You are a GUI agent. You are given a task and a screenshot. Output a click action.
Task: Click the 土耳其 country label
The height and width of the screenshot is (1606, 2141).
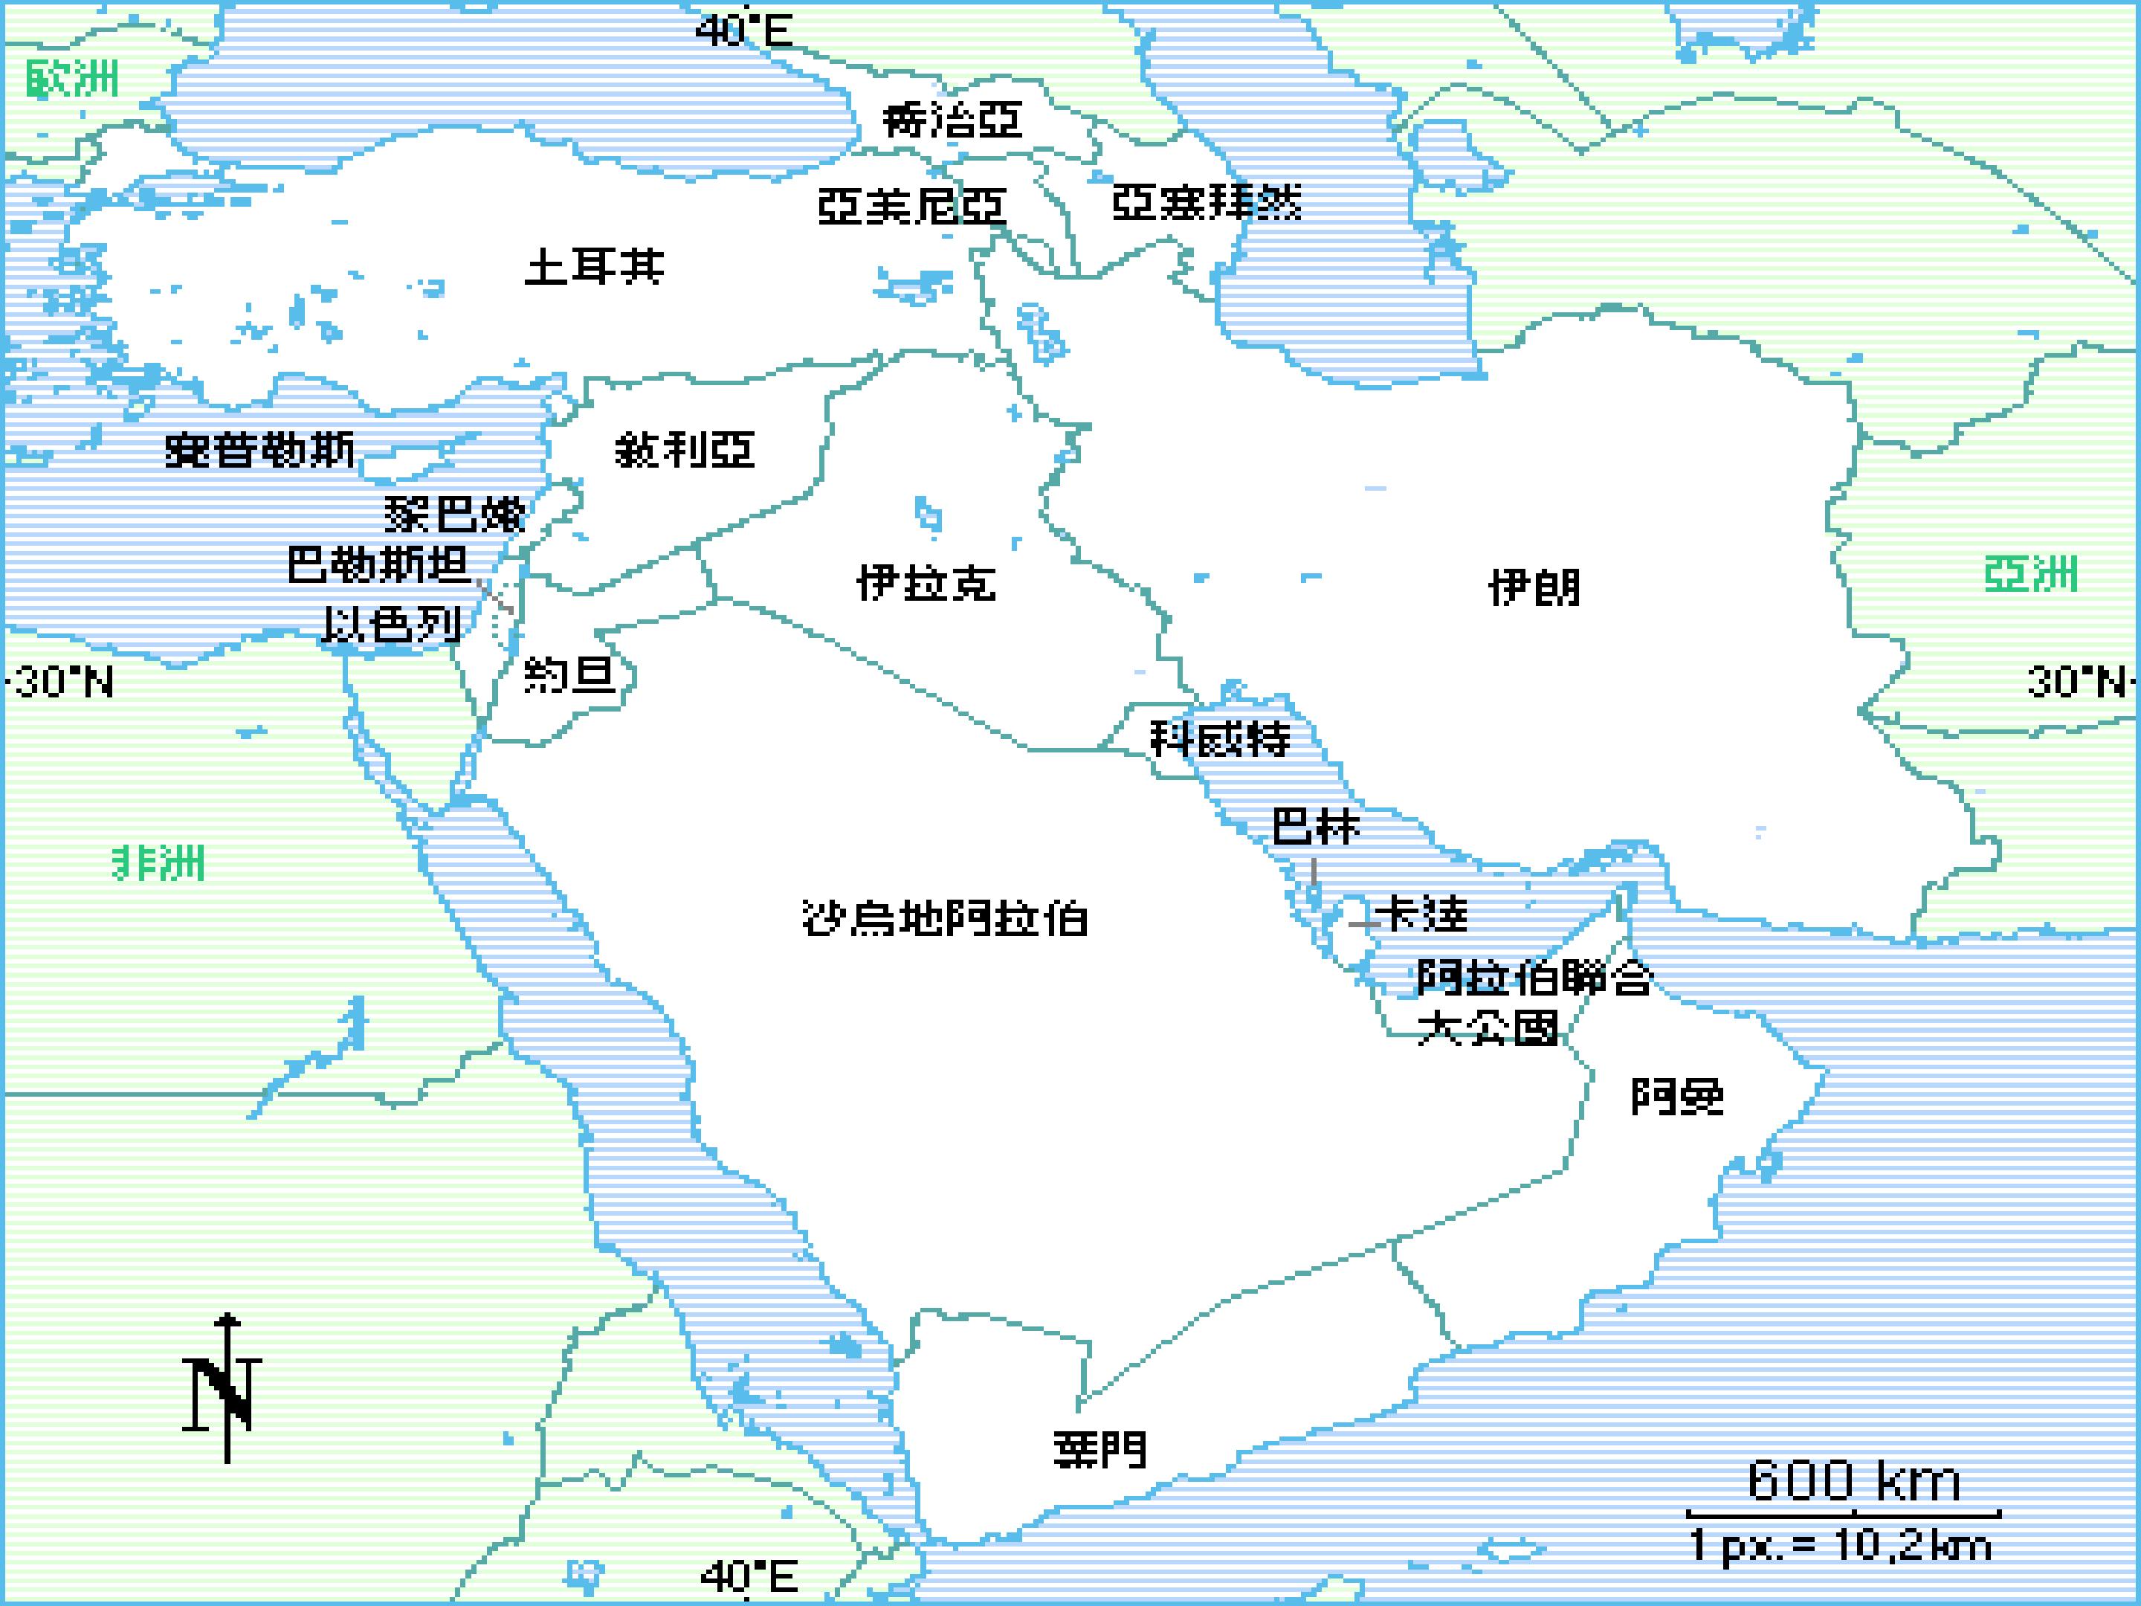pyautogui.click(x=594, y=266)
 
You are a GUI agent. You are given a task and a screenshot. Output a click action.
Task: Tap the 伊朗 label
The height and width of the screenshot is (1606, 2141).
pyautogui.click(x=1534, y=587)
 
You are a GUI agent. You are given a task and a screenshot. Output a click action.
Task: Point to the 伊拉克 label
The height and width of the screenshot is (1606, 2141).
pyautogui.click(x=926, y=583)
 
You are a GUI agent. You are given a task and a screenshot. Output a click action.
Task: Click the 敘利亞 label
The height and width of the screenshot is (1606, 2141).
pyautogui.click(x=685, y=450)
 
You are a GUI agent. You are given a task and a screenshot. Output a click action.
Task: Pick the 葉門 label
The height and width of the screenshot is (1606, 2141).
pyautogui.click(x=1100, y=1449)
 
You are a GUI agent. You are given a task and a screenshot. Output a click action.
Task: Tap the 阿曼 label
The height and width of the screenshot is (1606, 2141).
pyautogui.click(x=1677, y=1096)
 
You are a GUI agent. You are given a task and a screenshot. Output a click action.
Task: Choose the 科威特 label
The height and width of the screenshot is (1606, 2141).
pyautogui.click(x=1220, y=738)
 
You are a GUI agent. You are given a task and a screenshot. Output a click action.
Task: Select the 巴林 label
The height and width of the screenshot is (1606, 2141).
pyautogui.click(x=1315, y=827)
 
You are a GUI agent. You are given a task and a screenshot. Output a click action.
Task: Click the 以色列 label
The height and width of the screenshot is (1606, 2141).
pyautogui.click(x=391, y=625)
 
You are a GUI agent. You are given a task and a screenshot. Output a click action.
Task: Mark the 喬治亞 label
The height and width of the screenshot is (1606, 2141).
pyautogui.click(x=952, y=121)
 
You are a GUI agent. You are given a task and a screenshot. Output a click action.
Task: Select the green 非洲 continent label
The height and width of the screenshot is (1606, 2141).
pyautogui.click(x=159, y=862)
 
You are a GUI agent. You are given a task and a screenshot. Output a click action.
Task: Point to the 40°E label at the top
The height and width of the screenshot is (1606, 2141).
pyautogui.click(x=743, y=31)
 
